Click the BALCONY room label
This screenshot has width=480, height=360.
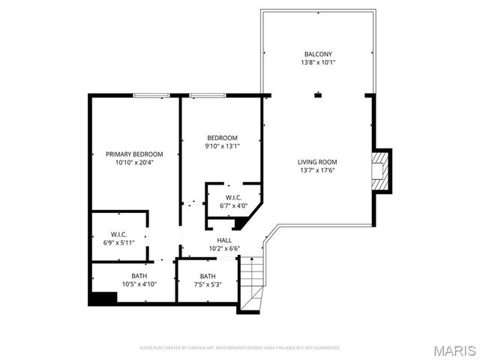click(x=318, y=54)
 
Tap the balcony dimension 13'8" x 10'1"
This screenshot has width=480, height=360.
click(x=318, y=63)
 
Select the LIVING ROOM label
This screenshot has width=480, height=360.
click(x=317, y=161)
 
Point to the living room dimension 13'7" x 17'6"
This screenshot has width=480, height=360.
click(x=317, y=170)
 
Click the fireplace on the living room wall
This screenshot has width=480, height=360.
click(x=382, y=169)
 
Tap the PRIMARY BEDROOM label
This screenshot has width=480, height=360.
click(x=134, y=154)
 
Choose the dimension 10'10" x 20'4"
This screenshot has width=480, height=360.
click(x=134, y=163)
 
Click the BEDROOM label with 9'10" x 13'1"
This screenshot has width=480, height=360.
click(x=222, y=137)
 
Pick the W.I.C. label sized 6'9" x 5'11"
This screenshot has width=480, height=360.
click(x=118, y=234)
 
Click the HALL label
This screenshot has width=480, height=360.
click(x=224, y=240)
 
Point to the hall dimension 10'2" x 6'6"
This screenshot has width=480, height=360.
click(x=224, y=248)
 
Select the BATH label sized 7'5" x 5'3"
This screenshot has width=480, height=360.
click(x=208, y=276)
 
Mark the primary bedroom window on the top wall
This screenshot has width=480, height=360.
click(x=151, y=95)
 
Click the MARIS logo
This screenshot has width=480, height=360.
click(x=454, y=349)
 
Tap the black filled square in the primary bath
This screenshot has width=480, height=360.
click(x=103, y=298)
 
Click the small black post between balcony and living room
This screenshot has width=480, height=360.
click(x=318, y=95)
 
